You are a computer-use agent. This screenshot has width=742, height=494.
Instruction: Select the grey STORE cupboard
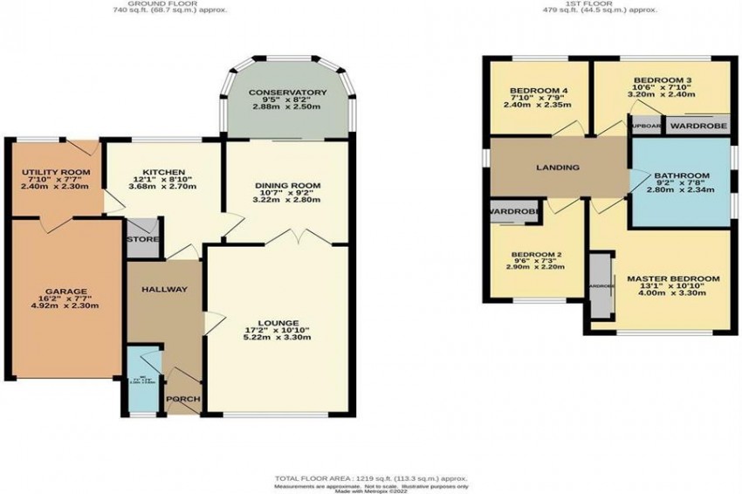tap(141, 238)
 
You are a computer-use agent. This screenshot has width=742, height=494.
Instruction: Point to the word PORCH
tap(183, 401)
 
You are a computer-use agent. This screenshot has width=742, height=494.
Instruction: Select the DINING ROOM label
tap(288, 186)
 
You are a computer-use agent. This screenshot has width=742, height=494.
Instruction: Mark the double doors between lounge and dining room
tap(288, 237)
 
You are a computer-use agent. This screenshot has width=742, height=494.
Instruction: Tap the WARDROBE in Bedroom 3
tap(699, 125)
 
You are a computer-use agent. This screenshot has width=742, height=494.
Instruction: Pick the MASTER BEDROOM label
tap(673, 279)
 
